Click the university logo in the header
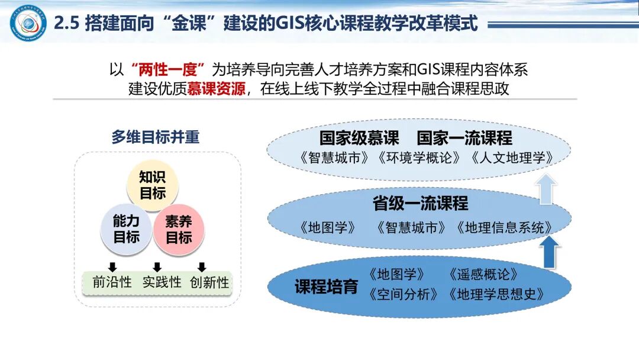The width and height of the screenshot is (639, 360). (27, 23)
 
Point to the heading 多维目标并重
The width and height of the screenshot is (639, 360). (156, 137)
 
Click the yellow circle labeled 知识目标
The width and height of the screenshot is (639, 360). (153, 185)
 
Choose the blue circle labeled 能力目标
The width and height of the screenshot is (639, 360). (126, 229)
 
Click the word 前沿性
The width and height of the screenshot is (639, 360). (112, 282)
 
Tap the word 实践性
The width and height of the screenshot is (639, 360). (162, 282)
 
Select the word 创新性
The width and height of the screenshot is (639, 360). (209, 282)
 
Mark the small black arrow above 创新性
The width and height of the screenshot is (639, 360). (202, 266)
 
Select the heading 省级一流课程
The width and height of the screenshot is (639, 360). (420, 204)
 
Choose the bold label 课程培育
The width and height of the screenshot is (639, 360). (326, 287)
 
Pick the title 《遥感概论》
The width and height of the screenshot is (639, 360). (483, 275)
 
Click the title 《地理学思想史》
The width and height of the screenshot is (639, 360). (496, 294)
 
